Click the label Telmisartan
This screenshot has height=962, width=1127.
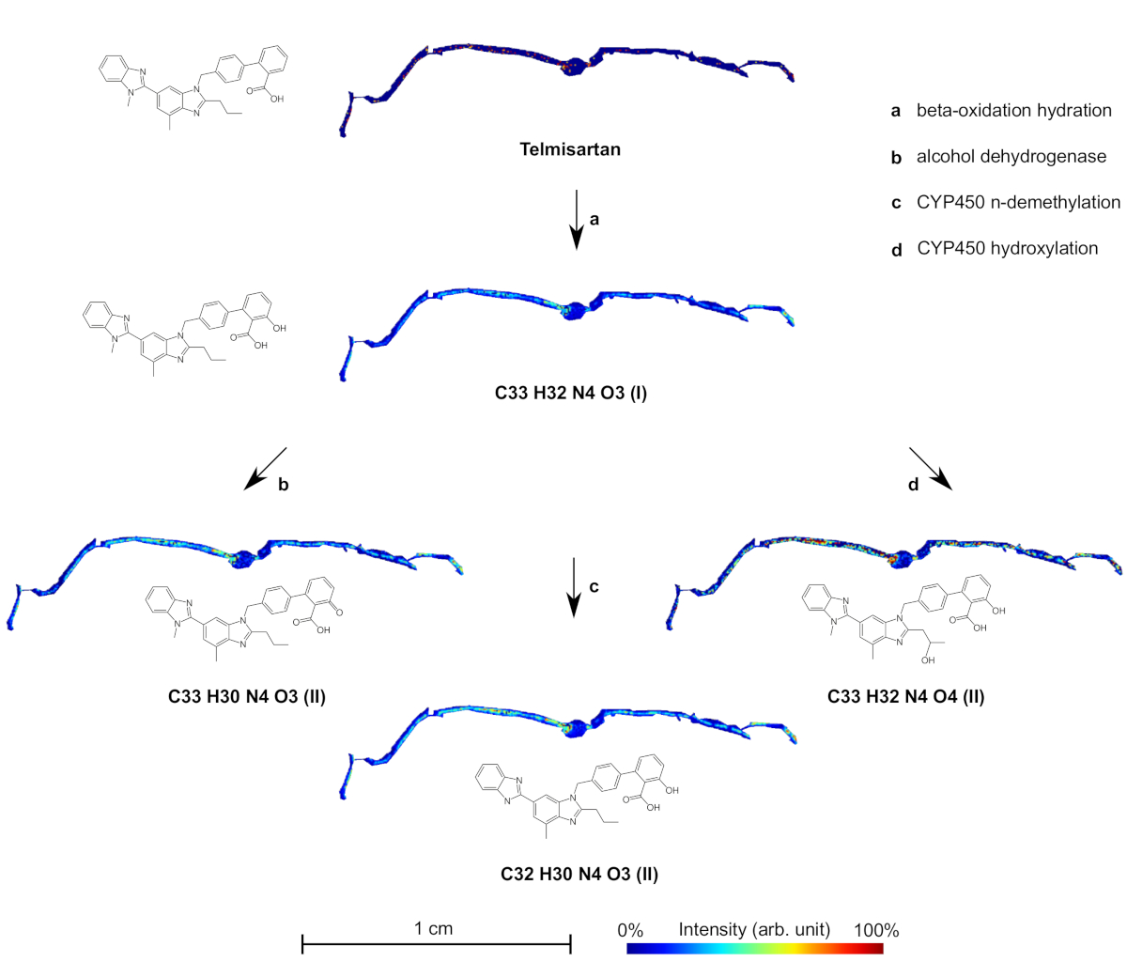pos(569,147)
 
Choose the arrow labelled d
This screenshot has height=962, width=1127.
pos(931,468)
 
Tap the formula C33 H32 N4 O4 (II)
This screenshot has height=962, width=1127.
pos(905,696)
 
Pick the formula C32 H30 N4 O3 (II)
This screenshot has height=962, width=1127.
pos(579,874)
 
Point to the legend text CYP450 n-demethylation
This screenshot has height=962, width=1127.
pos(1018,202)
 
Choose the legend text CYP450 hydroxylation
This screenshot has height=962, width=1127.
pos(1007,248)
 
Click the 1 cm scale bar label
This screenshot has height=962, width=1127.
pos(434,929)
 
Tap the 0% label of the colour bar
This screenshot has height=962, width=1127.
pos(630,930)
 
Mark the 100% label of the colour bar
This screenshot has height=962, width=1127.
pos(876,930)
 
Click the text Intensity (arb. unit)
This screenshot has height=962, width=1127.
pos(754,930)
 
